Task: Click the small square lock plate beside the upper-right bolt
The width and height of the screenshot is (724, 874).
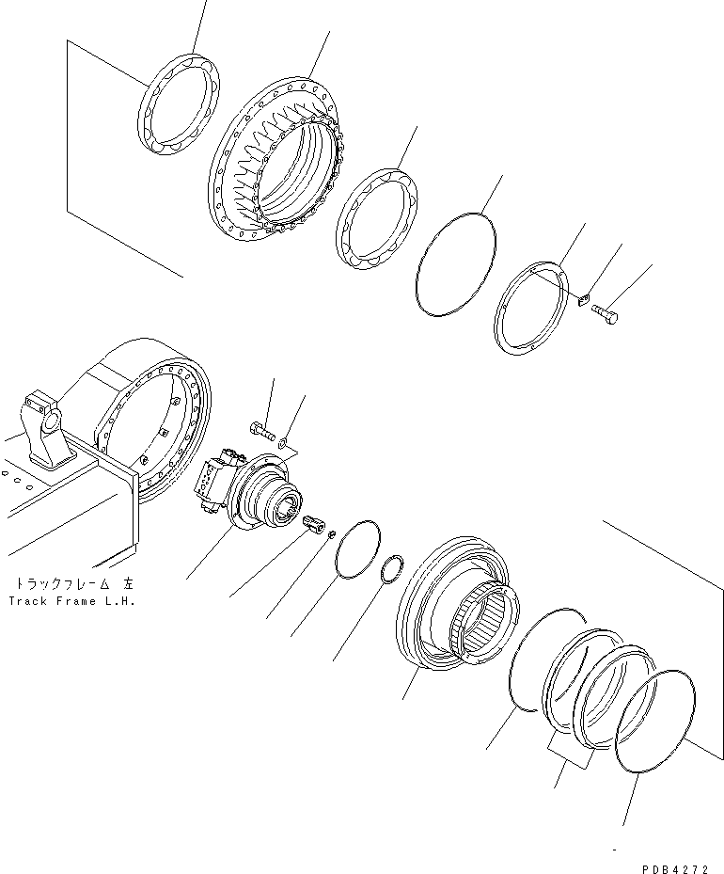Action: (x=583, y=301)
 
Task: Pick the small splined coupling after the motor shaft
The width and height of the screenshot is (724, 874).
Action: (x=311, y=525)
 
